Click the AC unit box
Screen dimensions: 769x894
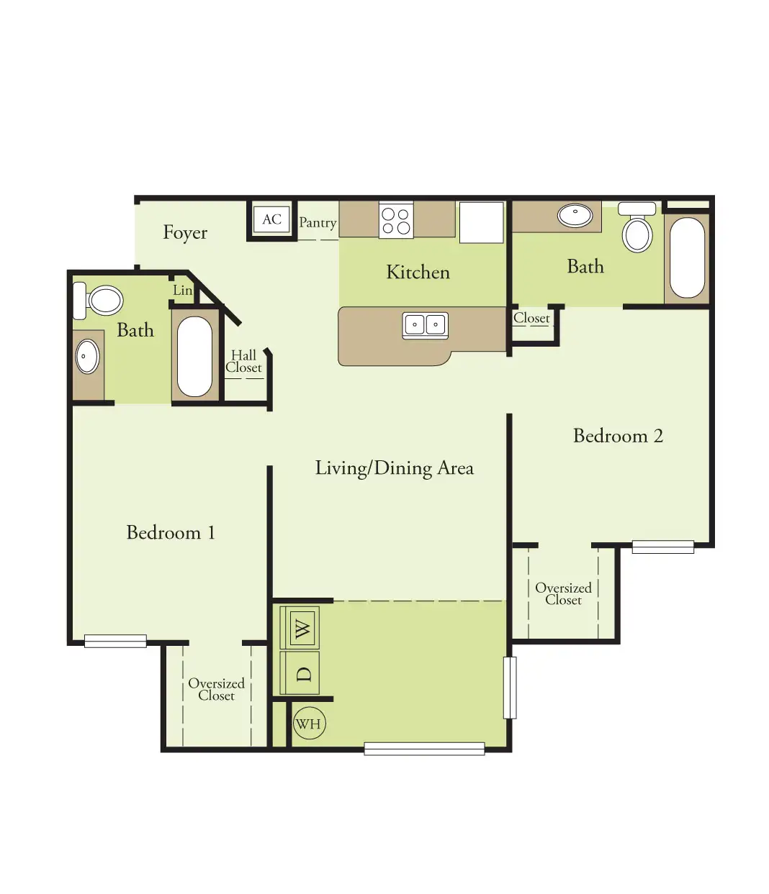[x=271, y=219]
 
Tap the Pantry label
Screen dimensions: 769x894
[x=318, y=223]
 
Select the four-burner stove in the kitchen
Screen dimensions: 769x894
[x=396, y=220]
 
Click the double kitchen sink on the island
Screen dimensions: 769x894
[x=426, y=325]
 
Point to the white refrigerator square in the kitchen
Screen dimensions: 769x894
[x=482, y=222]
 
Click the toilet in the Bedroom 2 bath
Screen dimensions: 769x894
[x=637, y=227]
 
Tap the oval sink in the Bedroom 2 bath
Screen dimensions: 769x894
[x=575, y=215]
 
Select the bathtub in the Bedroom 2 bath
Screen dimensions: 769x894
[x=687, y=257]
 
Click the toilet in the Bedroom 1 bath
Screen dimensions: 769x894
[x=99, y=300]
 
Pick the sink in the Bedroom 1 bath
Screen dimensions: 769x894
[x=87, y=357]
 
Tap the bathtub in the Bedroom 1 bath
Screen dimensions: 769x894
[x=195, y=357]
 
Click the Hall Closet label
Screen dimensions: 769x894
[x=244, y=361]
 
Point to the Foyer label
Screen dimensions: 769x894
[x=185, y=233]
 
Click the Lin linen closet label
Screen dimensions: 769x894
[x=182, y=291]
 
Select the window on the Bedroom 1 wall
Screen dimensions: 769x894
[x=115, y=641]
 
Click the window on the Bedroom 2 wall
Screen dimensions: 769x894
[x=663, y=547]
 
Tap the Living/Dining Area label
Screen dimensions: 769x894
[x=394, y=469]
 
